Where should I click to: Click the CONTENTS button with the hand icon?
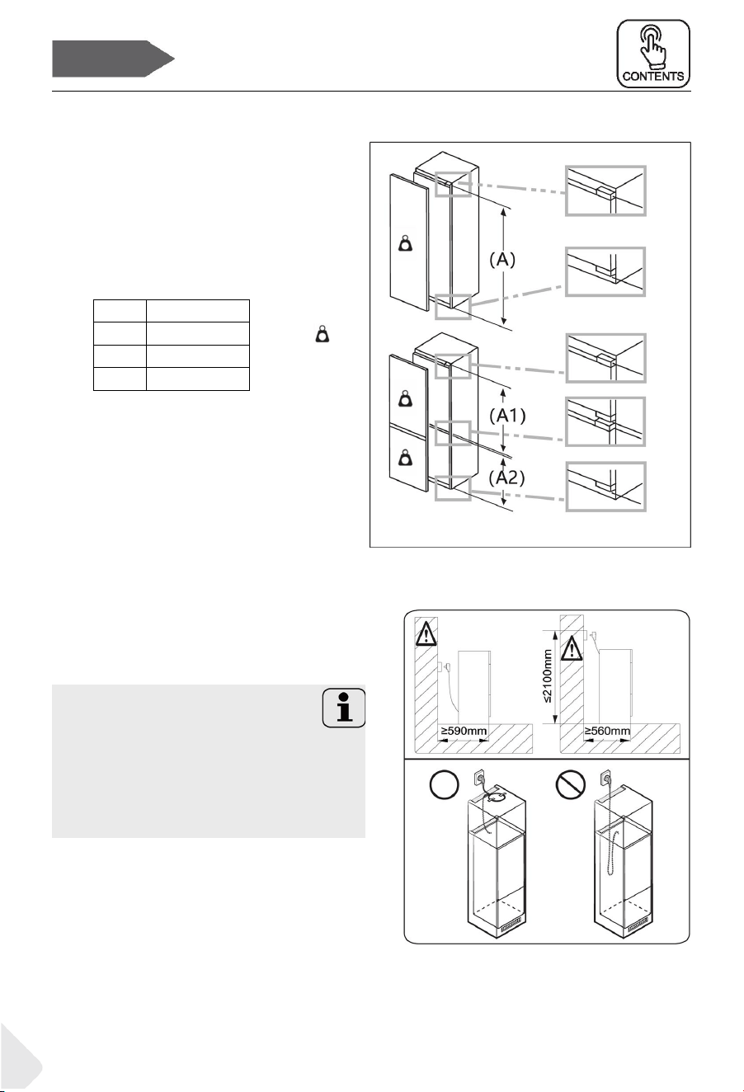coord(653,54)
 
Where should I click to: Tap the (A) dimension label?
coord(502,259)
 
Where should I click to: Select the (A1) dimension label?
coord(507,416)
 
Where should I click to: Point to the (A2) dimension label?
coord(507,478)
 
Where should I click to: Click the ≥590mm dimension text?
coord(464,731)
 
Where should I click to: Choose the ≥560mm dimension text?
coord(607,731)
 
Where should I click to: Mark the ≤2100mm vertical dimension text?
coord(548,676)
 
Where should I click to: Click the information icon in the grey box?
coord(344,708)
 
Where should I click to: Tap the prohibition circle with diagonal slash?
coord(571,785)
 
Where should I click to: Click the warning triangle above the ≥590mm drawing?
coord(426,633)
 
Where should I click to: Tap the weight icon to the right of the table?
coord(323,334)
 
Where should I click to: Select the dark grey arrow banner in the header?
coord(113,59)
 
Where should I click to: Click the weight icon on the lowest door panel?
coord(405,458)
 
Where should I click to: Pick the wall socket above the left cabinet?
coord(478,775)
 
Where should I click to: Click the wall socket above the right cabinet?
coord(606,775)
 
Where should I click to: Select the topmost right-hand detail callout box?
coord(605,191)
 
